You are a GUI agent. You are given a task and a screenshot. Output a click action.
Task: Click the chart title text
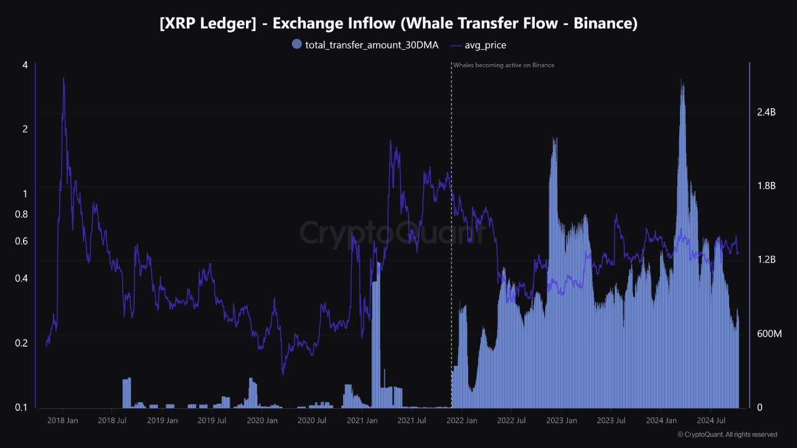point(398,24)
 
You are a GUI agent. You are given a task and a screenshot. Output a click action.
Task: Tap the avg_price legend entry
point(478,45)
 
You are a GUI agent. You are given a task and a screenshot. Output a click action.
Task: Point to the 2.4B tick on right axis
point(766,113)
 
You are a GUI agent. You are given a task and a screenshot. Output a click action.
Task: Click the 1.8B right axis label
point(766,186)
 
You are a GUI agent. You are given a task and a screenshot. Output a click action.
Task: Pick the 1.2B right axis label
point(766,260)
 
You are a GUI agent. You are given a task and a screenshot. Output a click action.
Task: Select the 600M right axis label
point(768,334)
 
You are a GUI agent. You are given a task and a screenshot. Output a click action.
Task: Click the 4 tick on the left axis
point(25,65)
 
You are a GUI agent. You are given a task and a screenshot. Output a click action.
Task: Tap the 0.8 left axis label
point(21,215)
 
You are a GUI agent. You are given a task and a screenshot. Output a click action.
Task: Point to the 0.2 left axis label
point(21,343)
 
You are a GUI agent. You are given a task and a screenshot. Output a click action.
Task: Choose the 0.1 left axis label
point(21,408)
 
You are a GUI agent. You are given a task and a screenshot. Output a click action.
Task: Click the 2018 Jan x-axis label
point(62,421)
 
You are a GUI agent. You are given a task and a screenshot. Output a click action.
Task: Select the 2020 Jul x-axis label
point(312,421)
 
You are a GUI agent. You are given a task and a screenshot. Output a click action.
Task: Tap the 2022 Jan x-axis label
point(461,421)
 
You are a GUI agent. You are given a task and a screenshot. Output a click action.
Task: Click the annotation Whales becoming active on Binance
point(503,65)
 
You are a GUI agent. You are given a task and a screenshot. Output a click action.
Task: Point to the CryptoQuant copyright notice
point(727,434)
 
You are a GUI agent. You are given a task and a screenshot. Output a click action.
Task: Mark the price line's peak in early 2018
point(64,78)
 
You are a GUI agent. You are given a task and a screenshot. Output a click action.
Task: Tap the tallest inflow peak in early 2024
point(683,80)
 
